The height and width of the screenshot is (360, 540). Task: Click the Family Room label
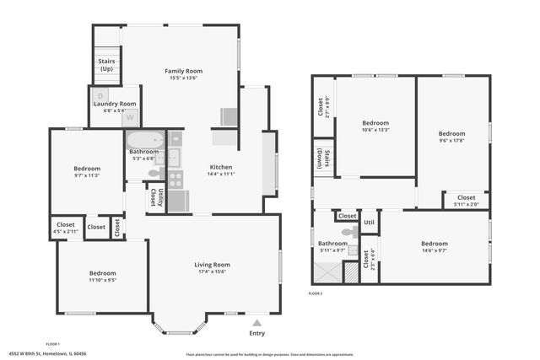(x=183, y=72)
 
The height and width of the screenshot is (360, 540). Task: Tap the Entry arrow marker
(x=256, y=321)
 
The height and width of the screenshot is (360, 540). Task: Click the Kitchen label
(x=221, y=167)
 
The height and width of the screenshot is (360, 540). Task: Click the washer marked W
(x=130, y=117)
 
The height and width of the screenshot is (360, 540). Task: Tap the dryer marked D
(x=100, y=94)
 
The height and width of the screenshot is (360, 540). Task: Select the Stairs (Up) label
(x=106, y=65)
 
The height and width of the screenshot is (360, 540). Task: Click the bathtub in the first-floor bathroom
(x=146, y=139)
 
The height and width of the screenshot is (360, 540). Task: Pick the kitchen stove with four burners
(x=176, y=179)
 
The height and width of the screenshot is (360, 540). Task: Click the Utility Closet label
(x=153, y=197)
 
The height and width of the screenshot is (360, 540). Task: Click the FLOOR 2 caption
(x=316, y=293)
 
